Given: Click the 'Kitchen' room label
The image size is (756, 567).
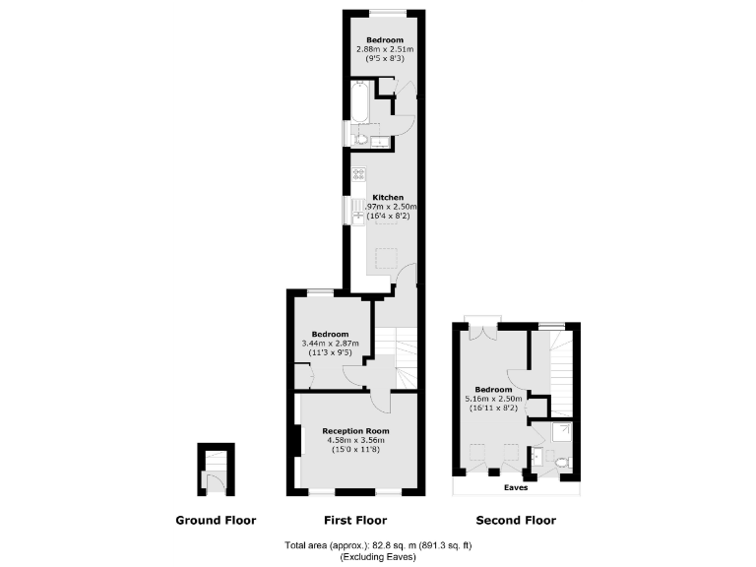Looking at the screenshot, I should click(388, 198).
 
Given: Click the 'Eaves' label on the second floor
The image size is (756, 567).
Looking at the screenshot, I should click(516, 487).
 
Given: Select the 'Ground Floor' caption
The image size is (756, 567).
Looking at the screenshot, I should click(216, 521).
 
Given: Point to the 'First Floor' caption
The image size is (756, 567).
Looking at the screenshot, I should click(355, 521).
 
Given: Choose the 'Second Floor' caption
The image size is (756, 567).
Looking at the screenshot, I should click(516, 521).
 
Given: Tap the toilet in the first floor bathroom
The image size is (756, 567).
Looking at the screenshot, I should click(360, 137).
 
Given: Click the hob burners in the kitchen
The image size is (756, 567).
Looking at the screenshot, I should click(359, 174).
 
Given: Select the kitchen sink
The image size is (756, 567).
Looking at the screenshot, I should click(357, 210).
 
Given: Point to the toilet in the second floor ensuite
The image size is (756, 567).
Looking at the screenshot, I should click(561, 460).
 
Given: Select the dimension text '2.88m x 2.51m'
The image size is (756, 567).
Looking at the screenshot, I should click(385, 49).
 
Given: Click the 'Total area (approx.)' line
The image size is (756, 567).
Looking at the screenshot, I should click(378, 544).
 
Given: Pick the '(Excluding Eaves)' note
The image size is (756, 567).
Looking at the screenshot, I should click(378, 557).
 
